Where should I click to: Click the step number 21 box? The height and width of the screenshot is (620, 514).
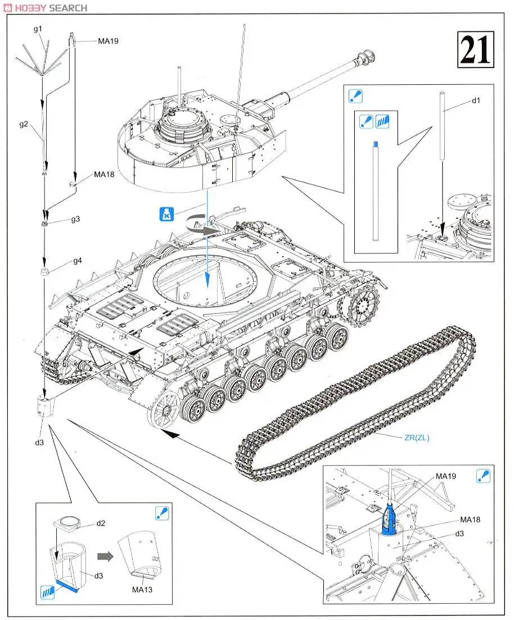point(475,50)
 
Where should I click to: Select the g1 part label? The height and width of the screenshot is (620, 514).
point(38,29)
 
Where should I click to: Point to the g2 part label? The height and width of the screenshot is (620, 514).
point(23,124)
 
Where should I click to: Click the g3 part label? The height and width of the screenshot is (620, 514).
point(75,219)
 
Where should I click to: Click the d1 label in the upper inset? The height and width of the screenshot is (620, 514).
point(476,101)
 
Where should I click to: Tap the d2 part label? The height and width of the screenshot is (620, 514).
point(101,523)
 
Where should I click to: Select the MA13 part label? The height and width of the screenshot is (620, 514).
point(142,589)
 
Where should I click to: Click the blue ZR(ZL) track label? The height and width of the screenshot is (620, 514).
point(417,438)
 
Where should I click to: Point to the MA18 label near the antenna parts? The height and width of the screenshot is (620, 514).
point(104,175)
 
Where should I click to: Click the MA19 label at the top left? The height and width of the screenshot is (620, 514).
point(108,41)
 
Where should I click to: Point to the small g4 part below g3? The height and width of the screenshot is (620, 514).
point(45,272)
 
